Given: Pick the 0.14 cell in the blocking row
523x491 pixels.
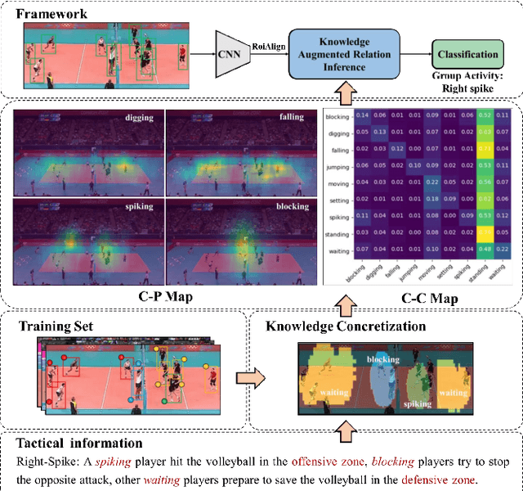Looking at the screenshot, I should (361, 115).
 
